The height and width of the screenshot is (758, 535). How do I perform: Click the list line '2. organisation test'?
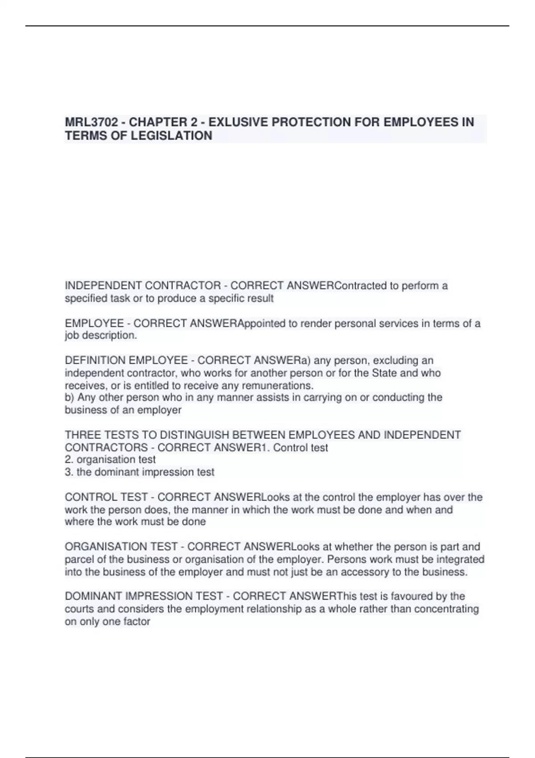tap(110, 460)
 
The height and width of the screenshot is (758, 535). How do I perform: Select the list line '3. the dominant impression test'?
tap(140, 472)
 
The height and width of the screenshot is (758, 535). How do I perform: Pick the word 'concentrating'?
tap(446, 609)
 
